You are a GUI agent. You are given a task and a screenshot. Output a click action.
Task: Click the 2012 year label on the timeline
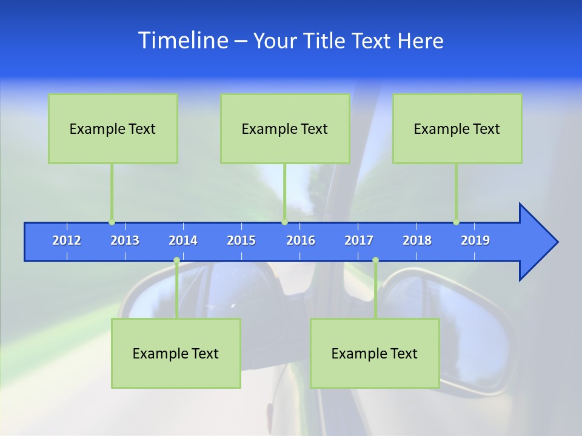pos(67,240)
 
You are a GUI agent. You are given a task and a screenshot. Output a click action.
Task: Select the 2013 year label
pos(125,240)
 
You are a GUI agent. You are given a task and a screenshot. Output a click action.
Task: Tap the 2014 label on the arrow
pos(183,240)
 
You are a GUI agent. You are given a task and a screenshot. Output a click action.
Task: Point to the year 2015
pos(241,240)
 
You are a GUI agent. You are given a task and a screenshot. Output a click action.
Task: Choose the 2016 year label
pos(301,240)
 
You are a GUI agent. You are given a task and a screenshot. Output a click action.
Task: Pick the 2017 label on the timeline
pos(359,240)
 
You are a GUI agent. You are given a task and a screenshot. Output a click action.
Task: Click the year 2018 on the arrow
pos(417,240)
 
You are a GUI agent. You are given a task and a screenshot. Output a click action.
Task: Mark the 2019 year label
pos(475,240)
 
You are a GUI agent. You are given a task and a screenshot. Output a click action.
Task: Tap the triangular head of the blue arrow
pos(537,242)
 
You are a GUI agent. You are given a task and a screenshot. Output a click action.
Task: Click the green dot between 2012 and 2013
pos(112,222)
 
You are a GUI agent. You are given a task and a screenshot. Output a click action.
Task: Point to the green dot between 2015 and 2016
pos(284,222)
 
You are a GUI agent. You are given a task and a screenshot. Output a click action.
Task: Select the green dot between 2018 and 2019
pos(456,222)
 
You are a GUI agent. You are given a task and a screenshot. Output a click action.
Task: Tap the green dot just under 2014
pos(176,260)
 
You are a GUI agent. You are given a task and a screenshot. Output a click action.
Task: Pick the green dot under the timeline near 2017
pos(375,260)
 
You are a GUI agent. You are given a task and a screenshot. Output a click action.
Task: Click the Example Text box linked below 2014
pos(176,353)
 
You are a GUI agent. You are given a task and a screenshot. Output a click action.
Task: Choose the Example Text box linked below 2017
pos(375,353)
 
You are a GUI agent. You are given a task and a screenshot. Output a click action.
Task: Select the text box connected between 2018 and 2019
pos(457,128)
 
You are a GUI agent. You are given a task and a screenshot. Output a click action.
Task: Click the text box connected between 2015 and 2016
pos(285,128)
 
